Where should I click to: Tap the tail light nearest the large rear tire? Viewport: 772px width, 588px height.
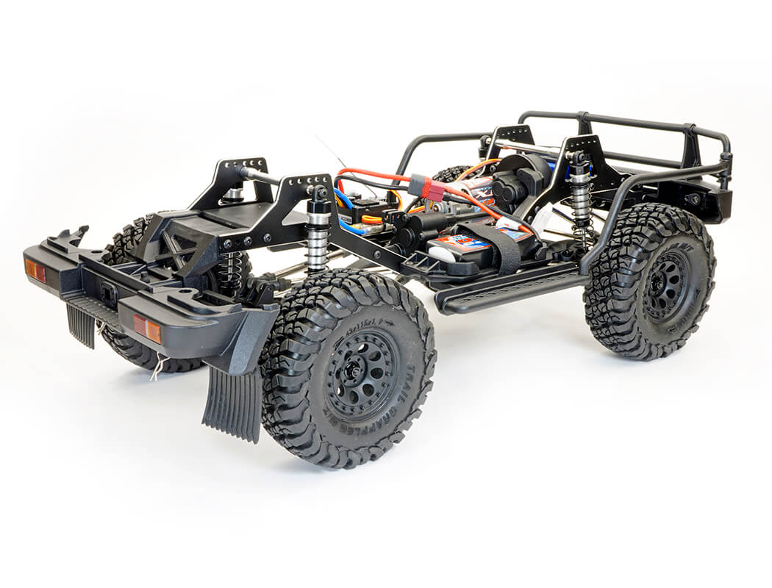pyautogui.click(x=147, y=329)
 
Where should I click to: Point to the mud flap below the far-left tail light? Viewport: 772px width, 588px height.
pyautogui.click(x=81, y=324)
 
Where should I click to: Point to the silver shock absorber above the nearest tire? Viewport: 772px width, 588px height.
pyautogui.click(x=318, y=235)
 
